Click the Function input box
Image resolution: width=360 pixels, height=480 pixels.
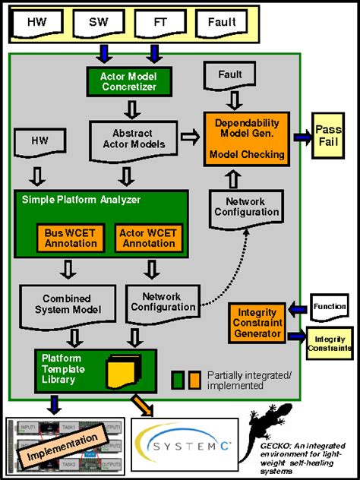(x=329, y=306)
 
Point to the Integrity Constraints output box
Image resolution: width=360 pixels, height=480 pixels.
(x=330, y=342)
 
